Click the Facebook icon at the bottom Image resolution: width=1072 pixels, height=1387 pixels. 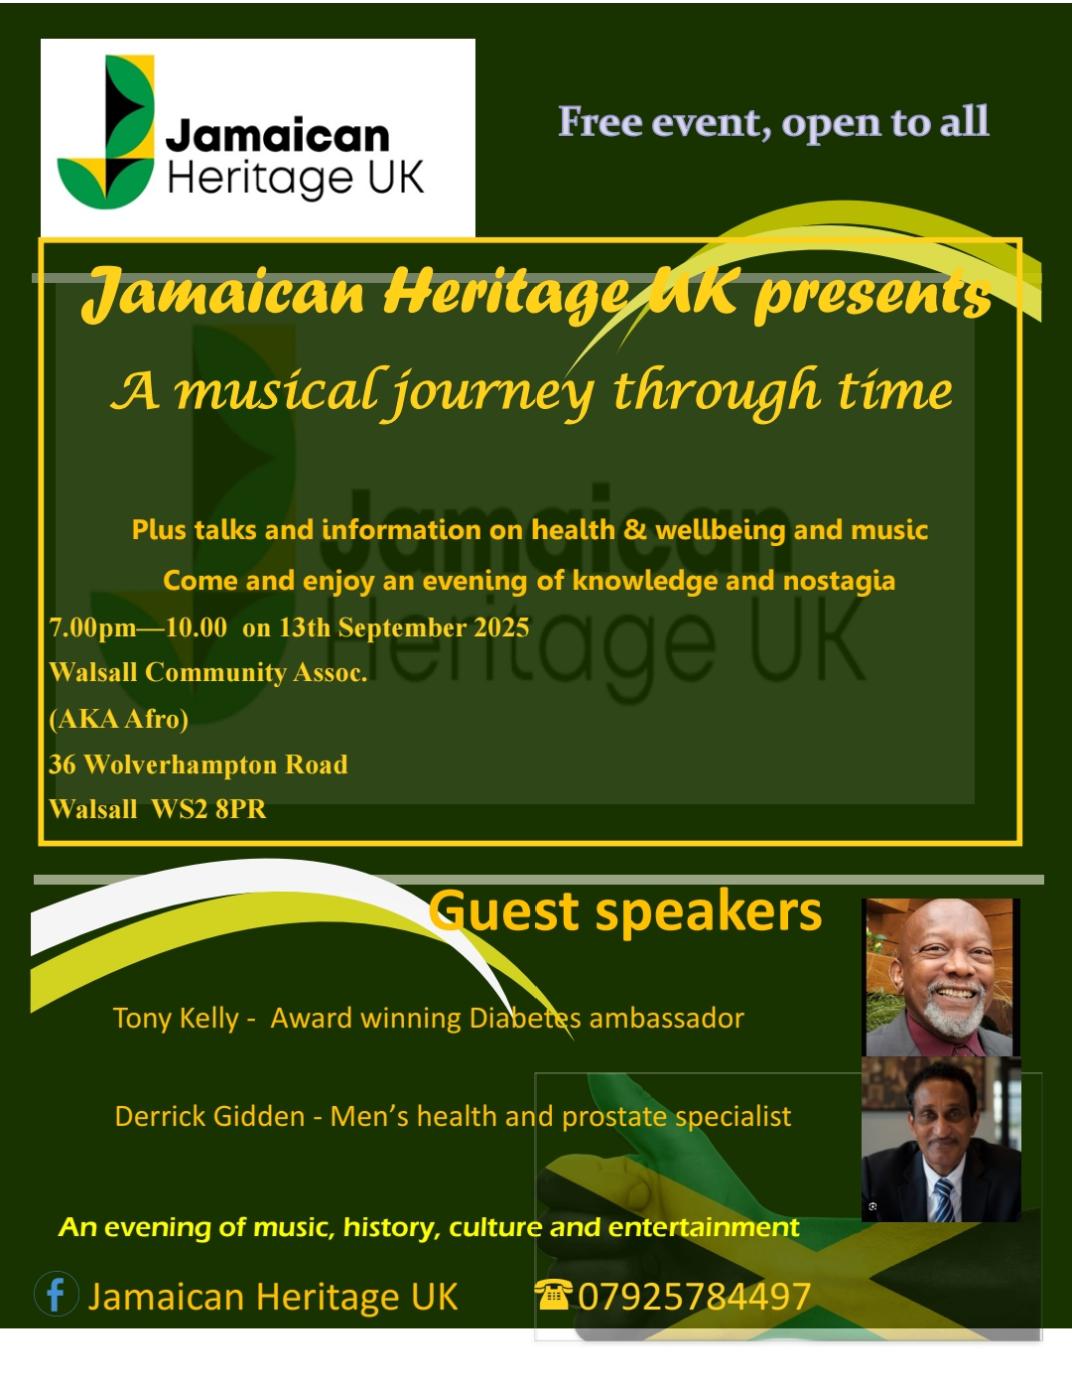tap(57, 1295)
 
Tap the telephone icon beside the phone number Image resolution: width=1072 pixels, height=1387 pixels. tap(553, 1294)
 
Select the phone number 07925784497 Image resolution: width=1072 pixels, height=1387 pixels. tap(694, 1297)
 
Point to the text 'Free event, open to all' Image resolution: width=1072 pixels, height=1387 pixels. tap(773, 122)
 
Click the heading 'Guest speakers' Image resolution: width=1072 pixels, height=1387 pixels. tap(625, 911)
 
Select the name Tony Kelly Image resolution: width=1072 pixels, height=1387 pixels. tap(175, 1019)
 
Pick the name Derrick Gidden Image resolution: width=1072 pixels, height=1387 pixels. tap(209, 1117)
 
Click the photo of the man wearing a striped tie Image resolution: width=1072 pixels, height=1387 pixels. tap(939, 1140)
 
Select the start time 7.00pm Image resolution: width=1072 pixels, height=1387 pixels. tap(92, 627)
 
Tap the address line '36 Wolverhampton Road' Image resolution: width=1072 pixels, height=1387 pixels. tap(199, 764)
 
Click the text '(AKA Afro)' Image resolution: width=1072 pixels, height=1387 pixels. tap(118, 719)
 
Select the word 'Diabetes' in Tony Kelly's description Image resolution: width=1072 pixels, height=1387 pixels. tap(524, 1019)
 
